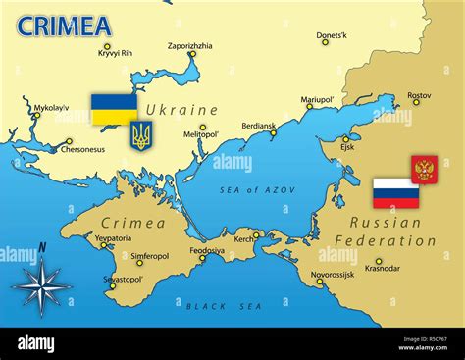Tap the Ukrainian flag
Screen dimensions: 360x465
(114, 109)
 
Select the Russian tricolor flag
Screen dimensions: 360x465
(395, 193)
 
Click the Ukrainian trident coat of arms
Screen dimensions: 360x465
(141, 135)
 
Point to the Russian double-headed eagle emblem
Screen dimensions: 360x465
(424, 170)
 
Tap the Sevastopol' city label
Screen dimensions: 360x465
(125, 279)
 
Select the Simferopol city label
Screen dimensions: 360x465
(150, 255)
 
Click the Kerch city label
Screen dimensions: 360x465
(242, 238)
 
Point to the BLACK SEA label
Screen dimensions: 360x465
(226, 306)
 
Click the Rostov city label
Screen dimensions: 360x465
(419, 95)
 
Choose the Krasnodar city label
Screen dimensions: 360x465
(382, 268)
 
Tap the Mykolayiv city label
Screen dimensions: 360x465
(52, 108)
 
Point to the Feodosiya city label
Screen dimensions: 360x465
(206, 250)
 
